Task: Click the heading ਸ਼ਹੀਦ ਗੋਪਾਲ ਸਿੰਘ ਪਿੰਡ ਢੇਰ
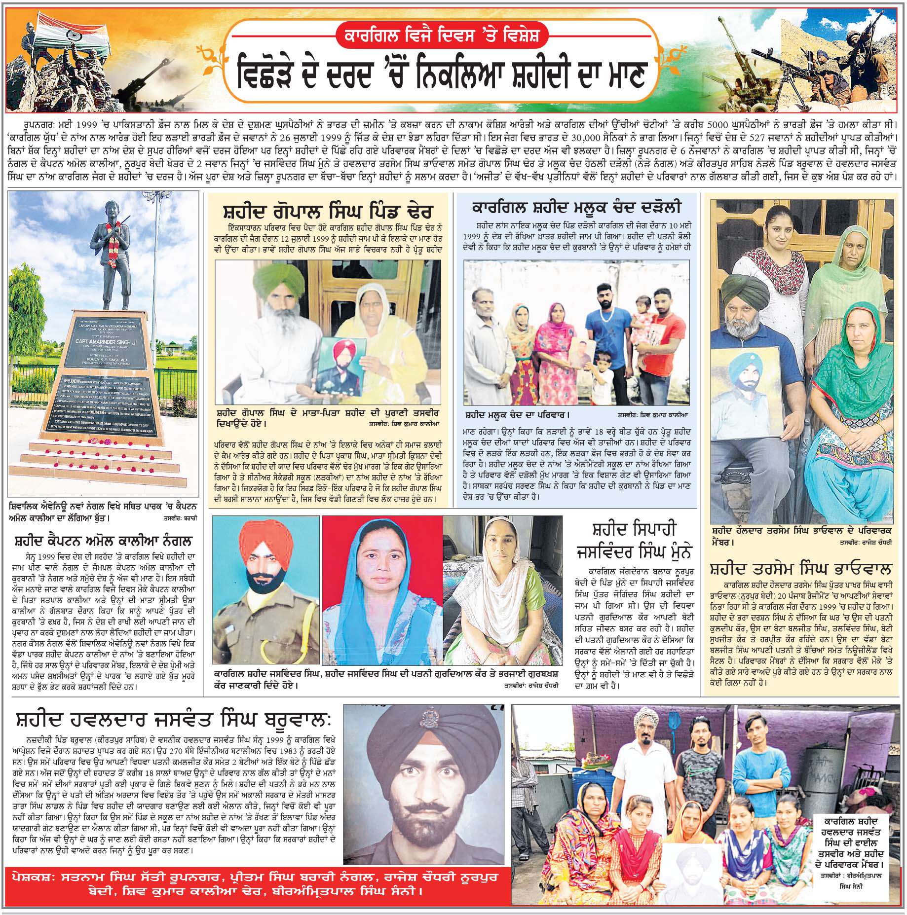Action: click(x=328, y=213)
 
